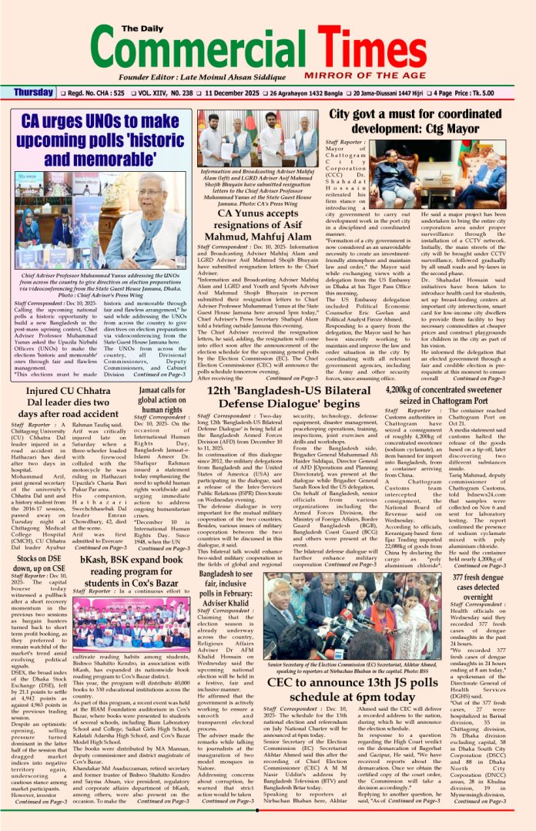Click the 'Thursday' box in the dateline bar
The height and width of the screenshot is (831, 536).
click(33, 93)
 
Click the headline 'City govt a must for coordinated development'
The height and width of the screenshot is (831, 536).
click(427, 121)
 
